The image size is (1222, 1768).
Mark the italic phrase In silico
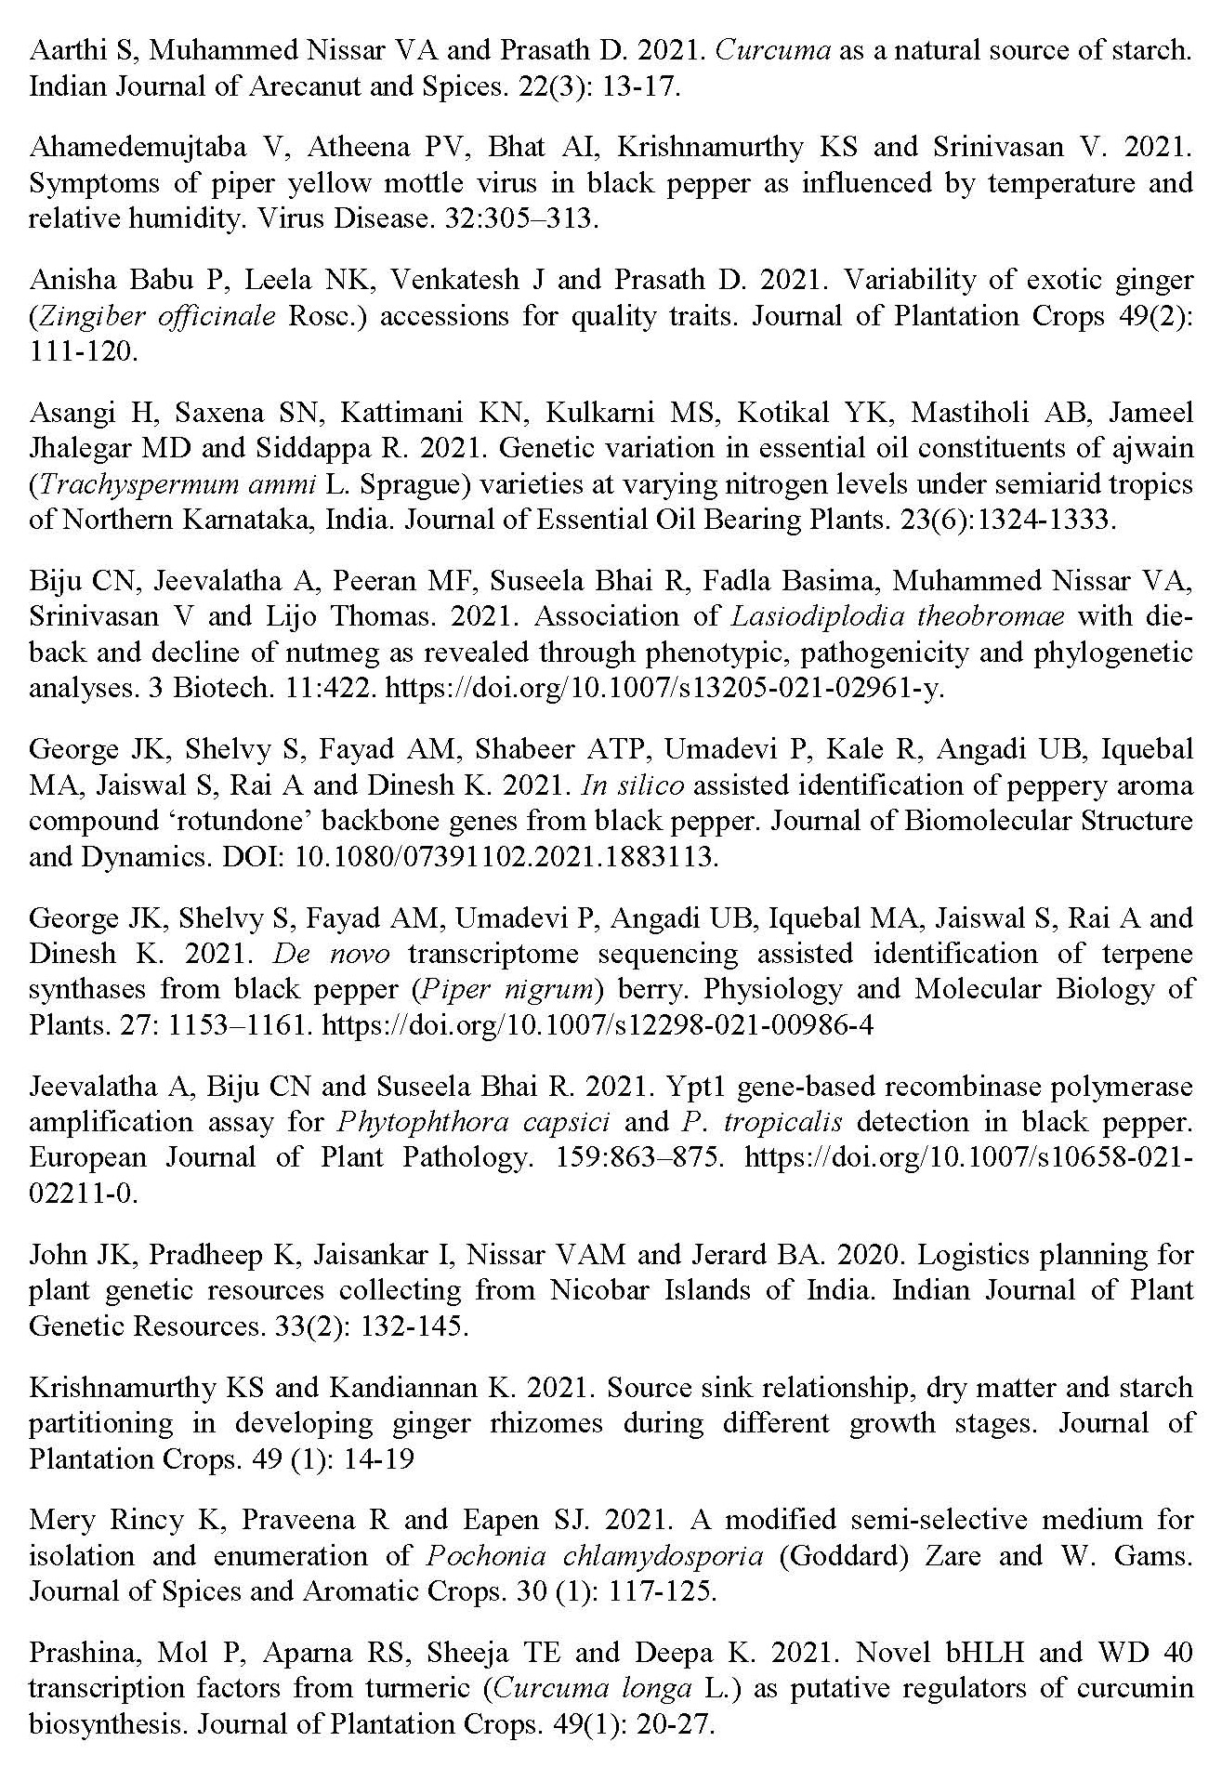(x=633, y=785)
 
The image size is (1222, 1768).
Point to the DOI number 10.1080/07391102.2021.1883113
(x=506, y=856)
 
